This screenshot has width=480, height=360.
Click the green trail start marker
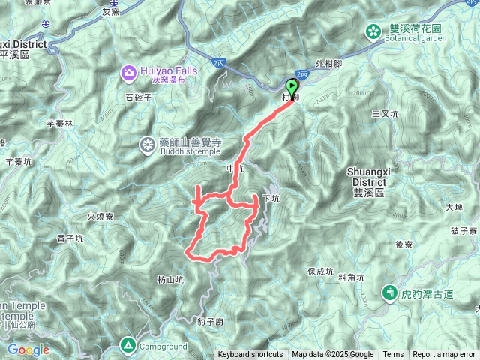point(292,86)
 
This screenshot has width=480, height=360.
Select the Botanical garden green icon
point(373,31)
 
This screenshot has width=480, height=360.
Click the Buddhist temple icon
point(148,145)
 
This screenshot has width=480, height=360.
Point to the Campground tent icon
point(128,346)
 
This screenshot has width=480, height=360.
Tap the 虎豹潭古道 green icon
point(390,292)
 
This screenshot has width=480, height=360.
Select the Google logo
point(28,349)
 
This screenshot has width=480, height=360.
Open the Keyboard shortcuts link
point(250,355)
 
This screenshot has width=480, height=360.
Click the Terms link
point(393,355)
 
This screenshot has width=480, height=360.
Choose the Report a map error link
point(445,355)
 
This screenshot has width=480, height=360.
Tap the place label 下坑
point(271,199)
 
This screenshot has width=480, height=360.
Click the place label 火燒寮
point(99,217)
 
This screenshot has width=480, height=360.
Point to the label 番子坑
point(69,238)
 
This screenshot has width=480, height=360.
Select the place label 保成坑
point(320,271)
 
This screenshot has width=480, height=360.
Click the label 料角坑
point(351,277)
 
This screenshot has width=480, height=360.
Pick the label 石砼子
point(139,97)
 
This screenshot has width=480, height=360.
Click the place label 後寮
point(404,244)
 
